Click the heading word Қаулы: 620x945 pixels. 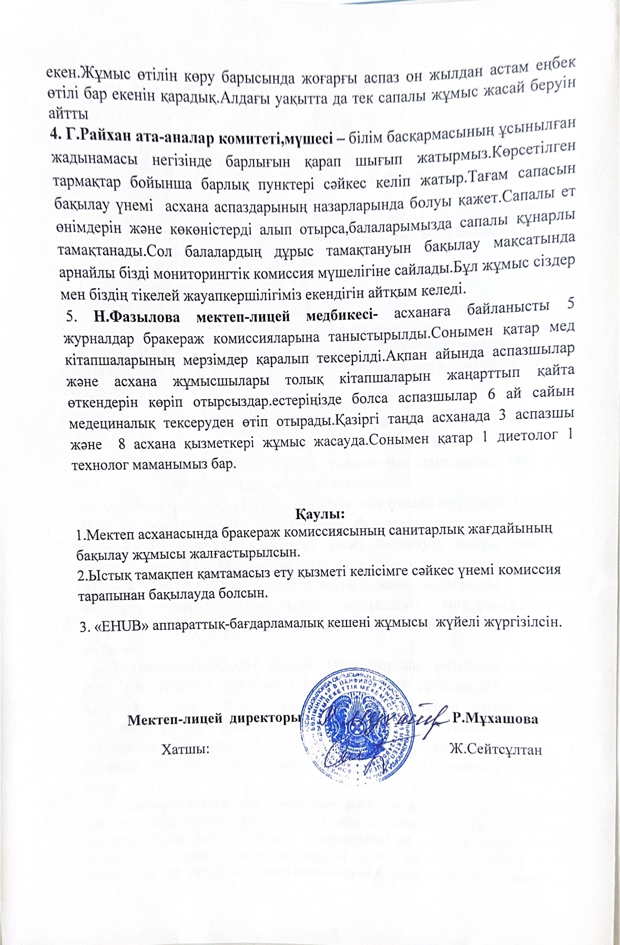tap(320, 512)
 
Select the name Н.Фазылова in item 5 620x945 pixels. tap(130, 316)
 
